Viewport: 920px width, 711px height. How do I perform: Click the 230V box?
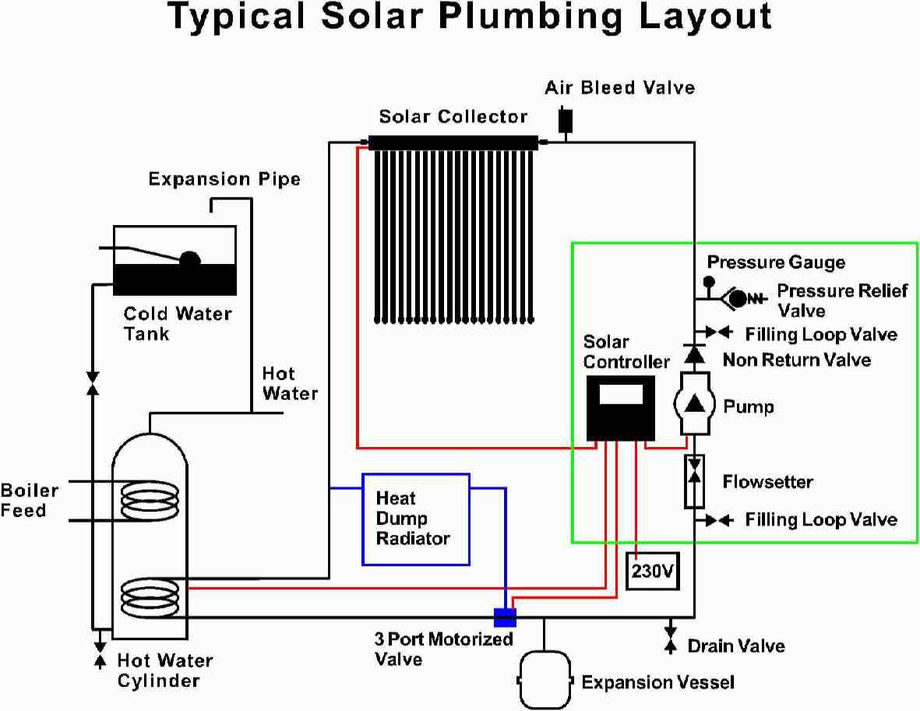click(651, 571)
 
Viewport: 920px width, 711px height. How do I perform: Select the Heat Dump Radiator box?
click(416, 519)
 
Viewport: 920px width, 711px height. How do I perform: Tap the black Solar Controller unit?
click(620, 408)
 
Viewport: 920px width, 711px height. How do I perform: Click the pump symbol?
click(693, 403)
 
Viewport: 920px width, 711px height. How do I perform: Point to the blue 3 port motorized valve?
click(505, 617)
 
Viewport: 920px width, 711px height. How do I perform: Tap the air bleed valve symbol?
click(565, 120)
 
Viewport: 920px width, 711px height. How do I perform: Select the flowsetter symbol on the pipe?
click(693, 481)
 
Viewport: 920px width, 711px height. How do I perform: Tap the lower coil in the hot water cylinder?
click(150, 596)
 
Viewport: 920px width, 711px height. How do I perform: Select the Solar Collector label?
click(453, 117)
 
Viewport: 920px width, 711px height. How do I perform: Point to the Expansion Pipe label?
click(224, 179)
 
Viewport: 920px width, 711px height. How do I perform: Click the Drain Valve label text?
click(735, 646)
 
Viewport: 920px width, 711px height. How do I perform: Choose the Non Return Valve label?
click(796, 360)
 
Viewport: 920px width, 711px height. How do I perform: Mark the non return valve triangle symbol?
click(693, 355)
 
